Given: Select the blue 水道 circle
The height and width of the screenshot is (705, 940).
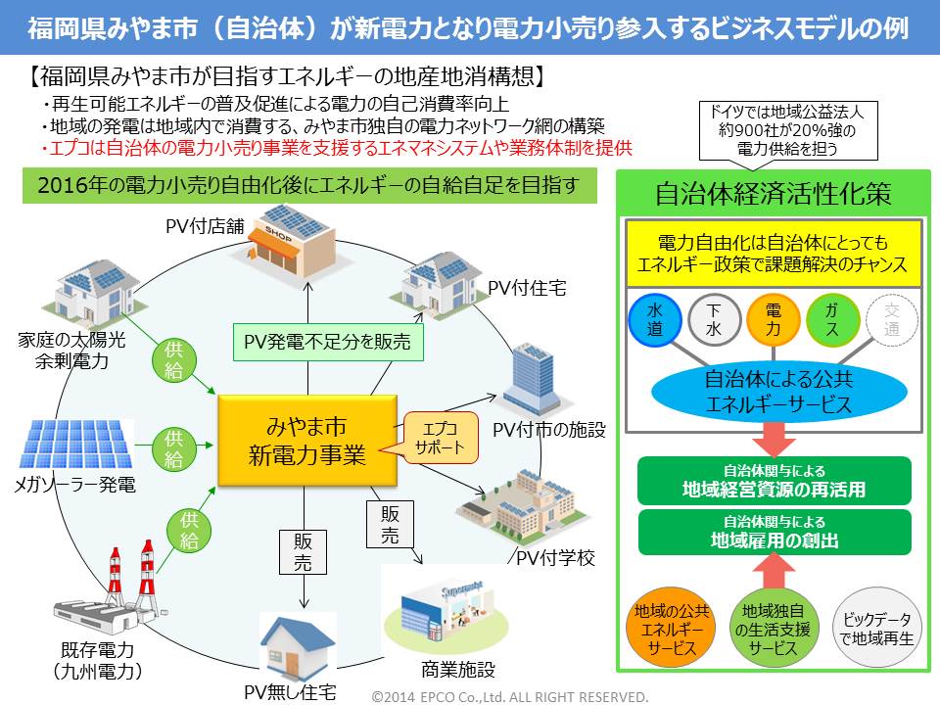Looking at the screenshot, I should coord(655,319).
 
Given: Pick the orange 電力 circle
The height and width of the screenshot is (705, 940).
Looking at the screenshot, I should coord(772,319).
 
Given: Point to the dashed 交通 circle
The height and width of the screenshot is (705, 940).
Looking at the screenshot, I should coord(891,319).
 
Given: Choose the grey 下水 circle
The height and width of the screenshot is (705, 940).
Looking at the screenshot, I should coord(713,319).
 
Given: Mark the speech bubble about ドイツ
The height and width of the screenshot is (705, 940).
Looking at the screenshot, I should coord(780,129).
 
